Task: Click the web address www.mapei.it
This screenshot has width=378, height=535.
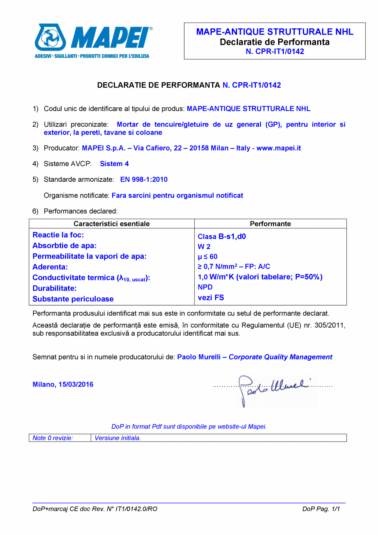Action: point(279,148)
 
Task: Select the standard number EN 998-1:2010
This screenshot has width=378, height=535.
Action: point(144,180)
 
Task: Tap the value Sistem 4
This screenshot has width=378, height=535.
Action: point(114,164)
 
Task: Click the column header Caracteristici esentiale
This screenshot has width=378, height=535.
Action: point(111,224)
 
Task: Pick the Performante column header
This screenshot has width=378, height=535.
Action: point(270,224)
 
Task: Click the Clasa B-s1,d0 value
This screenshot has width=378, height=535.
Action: point(222,236)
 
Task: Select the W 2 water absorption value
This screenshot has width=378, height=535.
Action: point(204,247)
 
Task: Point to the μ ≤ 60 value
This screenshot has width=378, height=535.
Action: point(207,257)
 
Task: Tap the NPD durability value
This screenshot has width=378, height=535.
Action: point(205,287)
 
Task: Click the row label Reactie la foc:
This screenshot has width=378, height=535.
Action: point(58,235)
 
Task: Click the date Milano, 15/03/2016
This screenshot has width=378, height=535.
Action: point(63,384)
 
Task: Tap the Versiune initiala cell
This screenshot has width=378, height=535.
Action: point(118,438)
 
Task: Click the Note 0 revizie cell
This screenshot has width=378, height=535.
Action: point(53,438)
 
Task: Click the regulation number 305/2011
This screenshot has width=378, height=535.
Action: point(332,326)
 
